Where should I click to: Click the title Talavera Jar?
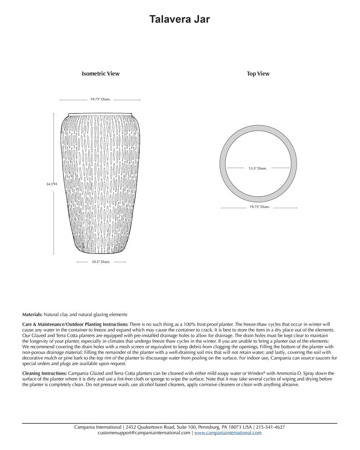[x=180, y=19]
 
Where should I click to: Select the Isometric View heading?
[x=100, y=74]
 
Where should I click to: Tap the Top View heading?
[x=258, y=74]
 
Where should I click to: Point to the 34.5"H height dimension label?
[x=51, y=184]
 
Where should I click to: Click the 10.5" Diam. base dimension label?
[x=101, y=262]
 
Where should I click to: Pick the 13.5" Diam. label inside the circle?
[x=258, y=168]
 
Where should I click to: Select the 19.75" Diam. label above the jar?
[x=100, y=99]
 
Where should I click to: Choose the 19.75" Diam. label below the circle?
[x=260, y=207]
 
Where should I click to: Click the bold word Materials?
[x=32, y=315]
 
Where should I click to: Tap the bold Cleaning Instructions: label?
[x=45, y=374]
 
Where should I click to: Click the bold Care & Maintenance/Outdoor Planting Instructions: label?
[x=75, y=325]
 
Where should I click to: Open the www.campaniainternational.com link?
[x=228, y=433]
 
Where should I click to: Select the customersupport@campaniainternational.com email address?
[x=144, y=433]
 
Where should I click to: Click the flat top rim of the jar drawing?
[x=100, y=114]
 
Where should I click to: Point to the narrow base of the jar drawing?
[x=101, y=252]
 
